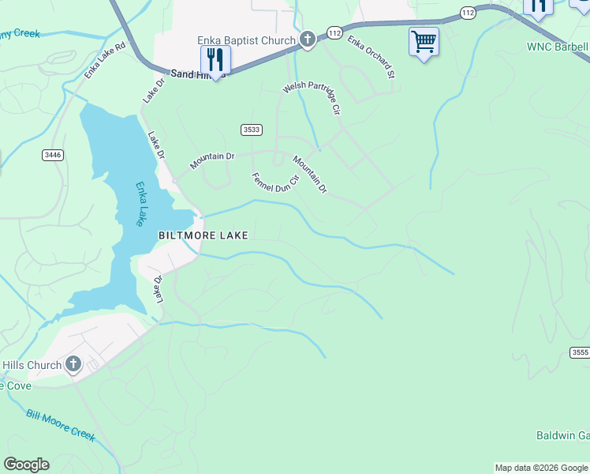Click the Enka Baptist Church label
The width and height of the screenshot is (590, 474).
[x=246, y=40]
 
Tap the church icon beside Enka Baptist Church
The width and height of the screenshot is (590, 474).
[x=307, y=39]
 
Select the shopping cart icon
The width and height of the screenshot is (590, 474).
[x=424, y=41]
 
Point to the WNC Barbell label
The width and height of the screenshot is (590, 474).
[x=558, y=47]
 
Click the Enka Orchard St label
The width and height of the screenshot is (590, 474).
[x=370, y=57]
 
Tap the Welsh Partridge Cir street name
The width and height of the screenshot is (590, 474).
[x=312, y=98]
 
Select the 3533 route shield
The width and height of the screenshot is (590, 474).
[x=252, y=130]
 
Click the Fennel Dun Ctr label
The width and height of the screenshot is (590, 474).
[x=275, y=182]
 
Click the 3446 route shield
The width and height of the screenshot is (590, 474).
[x=53, y=155]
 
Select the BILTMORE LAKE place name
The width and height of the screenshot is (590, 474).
[x=204, y=235]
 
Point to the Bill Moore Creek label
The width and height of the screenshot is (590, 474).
[x=60, y=425]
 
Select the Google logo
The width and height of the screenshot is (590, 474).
[x=26, y=465]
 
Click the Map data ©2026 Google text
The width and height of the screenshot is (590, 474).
[x=541, y=468]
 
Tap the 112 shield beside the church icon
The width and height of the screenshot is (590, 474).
[x=334, y=33]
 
